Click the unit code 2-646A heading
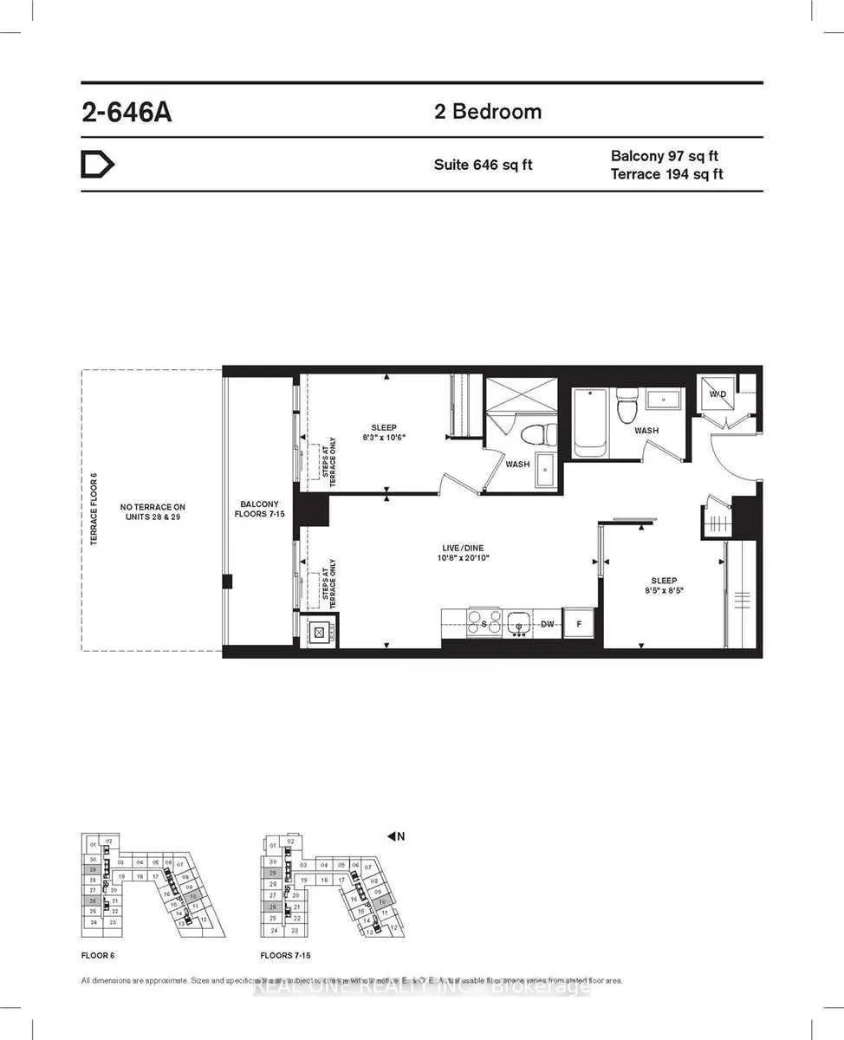click(127, 114)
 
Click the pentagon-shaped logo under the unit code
click(97, 165)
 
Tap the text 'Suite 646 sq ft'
click(483, 165)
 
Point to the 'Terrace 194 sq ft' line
click(666, 174)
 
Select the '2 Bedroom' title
click(488, 112)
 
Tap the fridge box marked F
click(578, 624)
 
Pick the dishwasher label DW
click(546, 624)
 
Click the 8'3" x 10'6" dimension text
click(384, 438)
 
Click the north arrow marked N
click(396, 836)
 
